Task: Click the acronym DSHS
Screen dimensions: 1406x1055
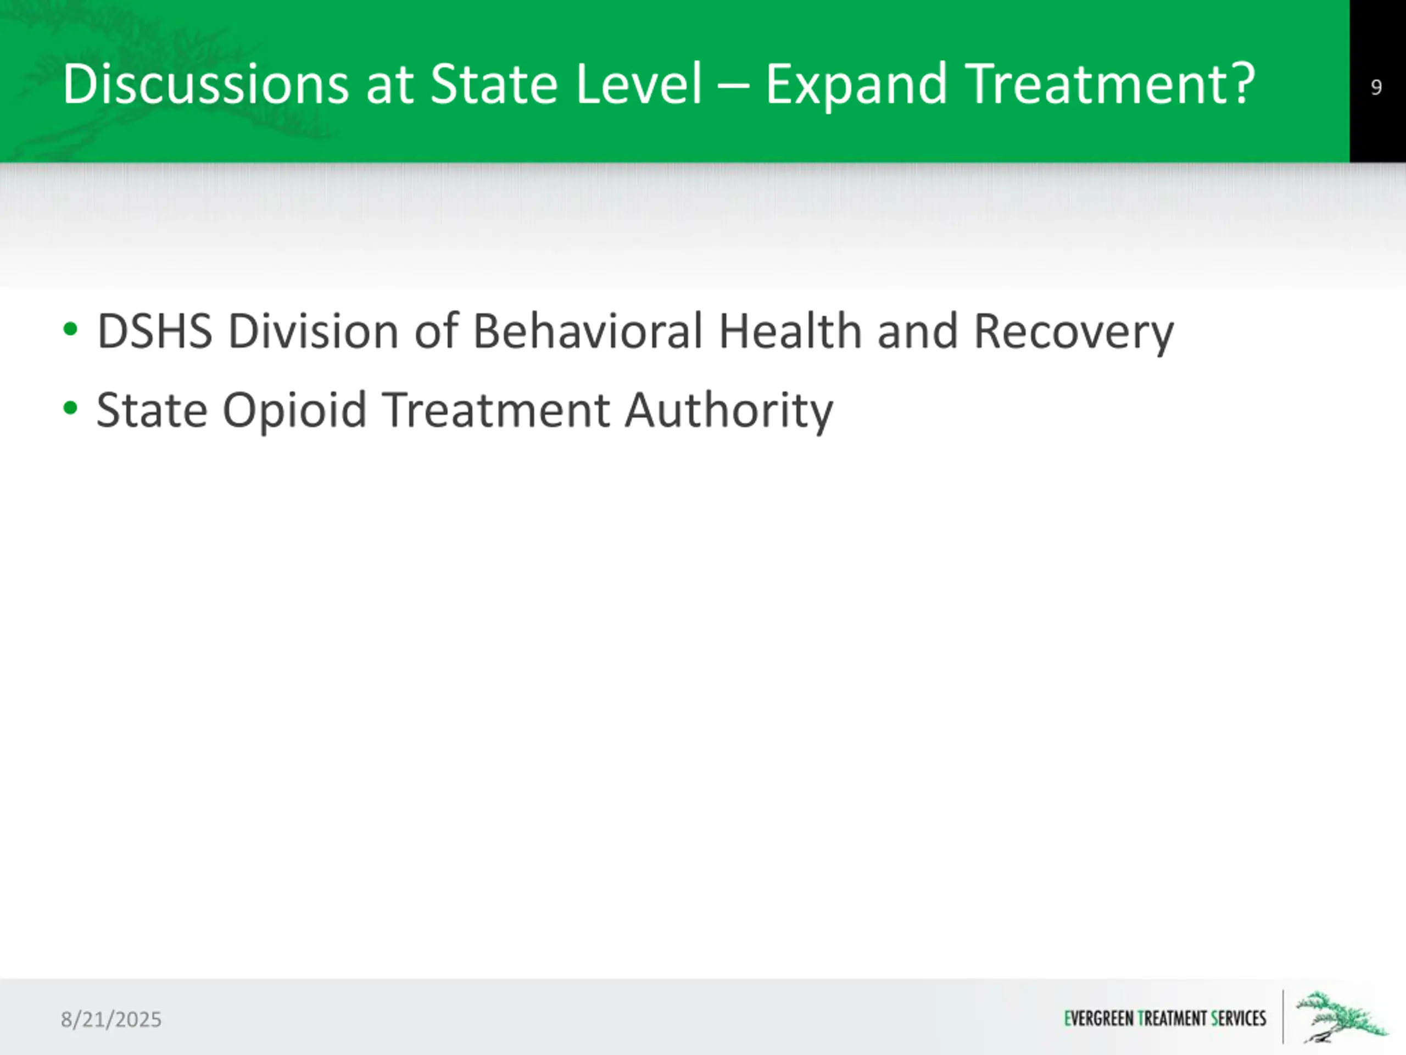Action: (154, 331)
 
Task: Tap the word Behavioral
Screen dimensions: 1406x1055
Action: (588, 331)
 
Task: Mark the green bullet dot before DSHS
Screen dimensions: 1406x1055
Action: (70, 329)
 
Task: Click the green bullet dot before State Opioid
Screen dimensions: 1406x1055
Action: (70, 408)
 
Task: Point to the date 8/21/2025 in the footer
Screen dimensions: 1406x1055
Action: (111, 1019)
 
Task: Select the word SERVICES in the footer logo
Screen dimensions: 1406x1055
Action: (1239, 1019)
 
